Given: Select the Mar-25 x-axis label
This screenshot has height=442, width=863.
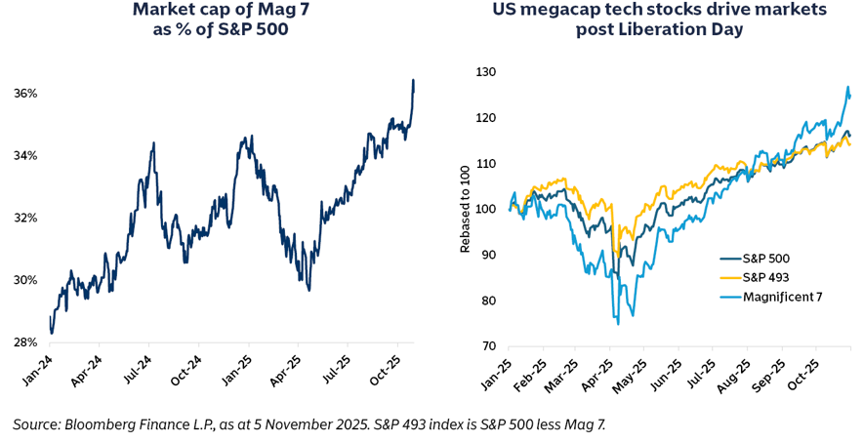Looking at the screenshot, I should [x=557, y=377].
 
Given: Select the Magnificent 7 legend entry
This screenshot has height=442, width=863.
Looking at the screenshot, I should [x=777, y=296].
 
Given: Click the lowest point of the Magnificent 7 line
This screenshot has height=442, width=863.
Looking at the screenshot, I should [x=618, y=323].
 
